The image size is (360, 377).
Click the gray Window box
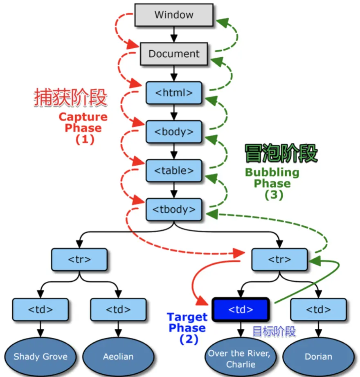174,15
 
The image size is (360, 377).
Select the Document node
174,54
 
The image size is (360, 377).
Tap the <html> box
174,93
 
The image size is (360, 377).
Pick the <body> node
174,132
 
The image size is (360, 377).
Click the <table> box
174,171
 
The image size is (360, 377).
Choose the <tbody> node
174,209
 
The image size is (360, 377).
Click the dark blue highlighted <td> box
241,310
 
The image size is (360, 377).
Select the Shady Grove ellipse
40,357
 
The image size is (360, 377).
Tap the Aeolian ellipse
118,357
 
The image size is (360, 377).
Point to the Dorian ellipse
318,357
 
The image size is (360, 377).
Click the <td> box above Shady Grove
40,310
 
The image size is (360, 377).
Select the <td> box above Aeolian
118,310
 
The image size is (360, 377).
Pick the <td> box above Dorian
318,310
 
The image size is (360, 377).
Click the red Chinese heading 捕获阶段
70,98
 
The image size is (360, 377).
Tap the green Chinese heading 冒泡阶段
281,154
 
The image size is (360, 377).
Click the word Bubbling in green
272,172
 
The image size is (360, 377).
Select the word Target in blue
187,317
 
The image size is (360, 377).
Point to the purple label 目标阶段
274,331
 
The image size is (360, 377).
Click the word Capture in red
83,117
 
